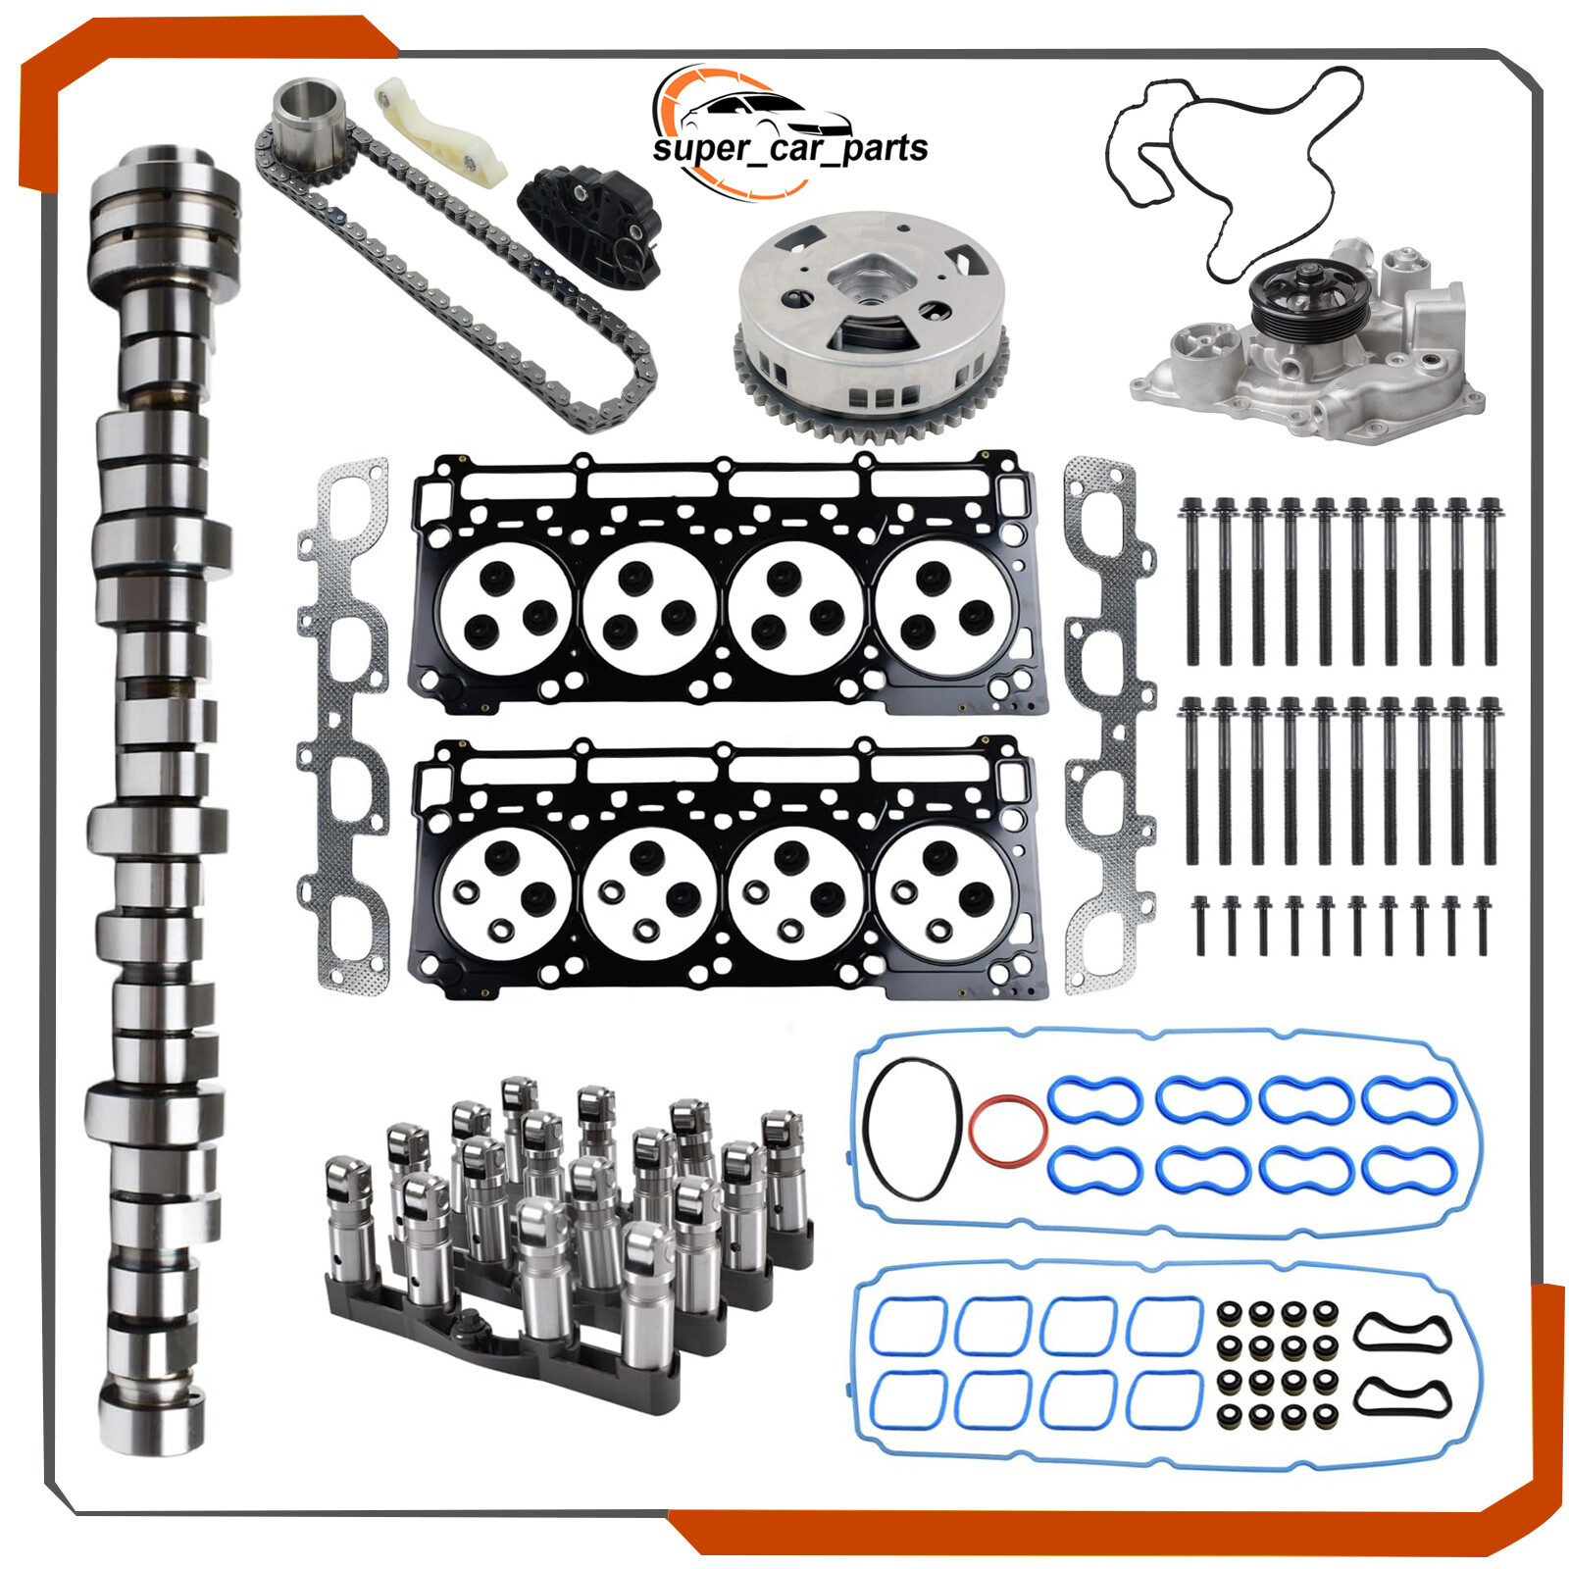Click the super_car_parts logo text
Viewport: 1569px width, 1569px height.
(789, 148)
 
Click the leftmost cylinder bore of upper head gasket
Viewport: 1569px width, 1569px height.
(505, 608)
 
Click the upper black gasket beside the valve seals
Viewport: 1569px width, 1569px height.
(1401, 1332)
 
